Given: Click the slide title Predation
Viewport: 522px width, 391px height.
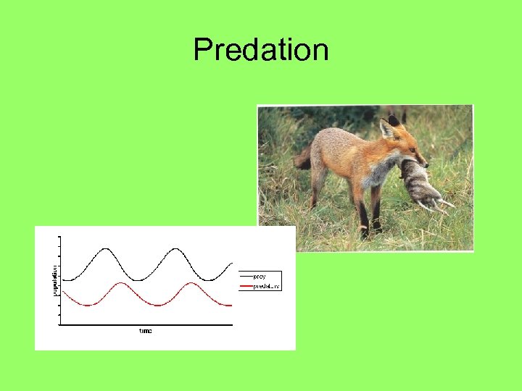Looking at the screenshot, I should click(261, 50).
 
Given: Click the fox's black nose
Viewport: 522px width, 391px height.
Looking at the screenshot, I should click(426, 166).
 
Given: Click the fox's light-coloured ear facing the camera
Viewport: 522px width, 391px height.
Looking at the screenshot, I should click(385, 129).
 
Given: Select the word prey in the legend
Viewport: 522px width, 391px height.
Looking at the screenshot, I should click(260, 276).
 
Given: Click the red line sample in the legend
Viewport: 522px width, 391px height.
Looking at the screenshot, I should click(246, 286).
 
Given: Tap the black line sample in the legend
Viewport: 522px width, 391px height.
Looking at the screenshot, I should click(246, 276).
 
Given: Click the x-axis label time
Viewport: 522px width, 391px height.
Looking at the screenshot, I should click(146, 331).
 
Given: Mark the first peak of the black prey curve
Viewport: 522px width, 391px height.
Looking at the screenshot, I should click(107, 249).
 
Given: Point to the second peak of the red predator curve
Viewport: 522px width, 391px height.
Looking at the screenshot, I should click(190, 283).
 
